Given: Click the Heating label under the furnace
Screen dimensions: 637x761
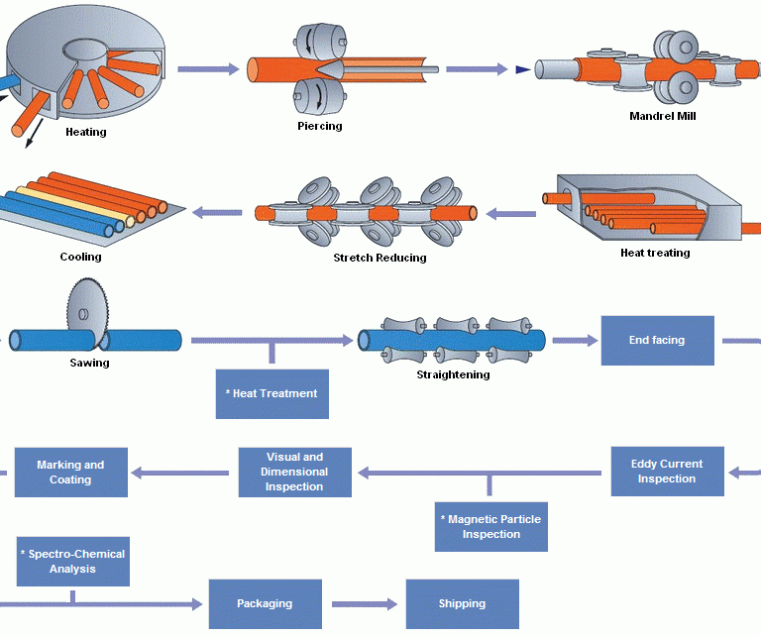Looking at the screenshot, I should [86, 132].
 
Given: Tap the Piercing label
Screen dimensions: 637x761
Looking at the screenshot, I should [320, 126].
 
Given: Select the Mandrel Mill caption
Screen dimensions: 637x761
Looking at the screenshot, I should [663, 116].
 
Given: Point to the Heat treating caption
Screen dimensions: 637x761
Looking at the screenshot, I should [655, 253].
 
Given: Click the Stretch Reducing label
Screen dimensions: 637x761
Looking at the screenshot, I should [380, 258].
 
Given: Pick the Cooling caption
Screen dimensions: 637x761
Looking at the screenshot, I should [80, 257].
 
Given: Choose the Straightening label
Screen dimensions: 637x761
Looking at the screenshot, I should [453, 374].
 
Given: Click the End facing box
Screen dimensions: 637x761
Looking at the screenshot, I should [657, 340].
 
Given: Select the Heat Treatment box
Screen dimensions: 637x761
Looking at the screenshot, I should [272, 393].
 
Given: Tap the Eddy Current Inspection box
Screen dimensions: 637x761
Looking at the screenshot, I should [667, 472].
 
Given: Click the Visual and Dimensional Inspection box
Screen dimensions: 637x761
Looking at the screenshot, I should [295, 473].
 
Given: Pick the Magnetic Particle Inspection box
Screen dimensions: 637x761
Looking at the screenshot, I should [490, 526].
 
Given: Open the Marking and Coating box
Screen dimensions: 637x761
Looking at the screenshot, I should [70, 473].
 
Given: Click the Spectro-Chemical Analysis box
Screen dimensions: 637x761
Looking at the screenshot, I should [72, 562].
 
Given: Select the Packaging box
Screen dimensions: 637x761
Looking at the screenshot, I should [265, 603].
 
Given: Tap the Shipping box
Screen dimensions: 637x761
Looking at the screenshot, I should [462, 603].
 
